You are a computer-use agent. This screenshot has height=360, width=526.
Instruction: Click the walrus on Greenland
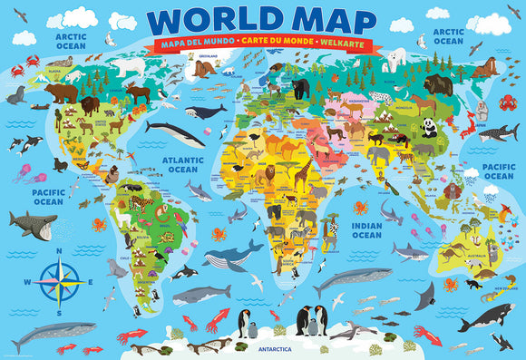205,67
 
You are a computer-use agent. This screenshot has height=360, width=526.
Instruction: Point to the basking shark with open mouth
33,223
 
